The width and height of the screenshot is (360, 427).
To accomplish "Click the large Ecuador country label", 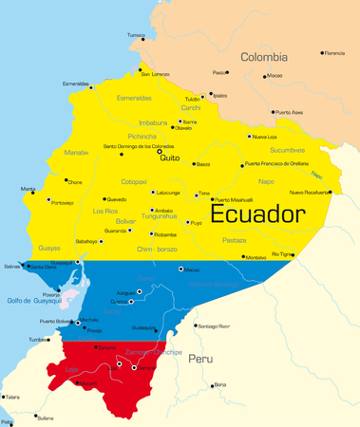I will tap(256, 214).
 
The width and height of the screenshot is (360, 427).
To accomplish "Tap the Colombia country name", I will tap(262, 57).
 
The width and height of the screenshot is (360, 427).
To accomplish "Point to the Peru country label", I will tap(199, 360).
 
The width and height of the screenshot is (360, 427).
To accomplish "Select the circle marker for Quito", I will tap(161, 151).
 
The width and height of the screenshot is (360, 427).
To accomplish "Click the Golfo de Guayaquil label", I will tap(33, 301).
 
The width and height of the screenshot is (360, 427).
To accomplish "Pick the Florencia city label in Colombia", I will tap(333, 53).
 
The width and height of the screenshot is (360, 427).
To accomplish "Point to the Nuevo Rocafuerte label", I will tap(309, 193).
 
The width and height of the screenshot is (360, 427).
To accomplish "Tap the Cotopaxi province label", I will tap(133, 180).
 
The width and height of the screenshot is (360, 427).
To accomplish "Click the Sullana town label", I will tap(45, 418).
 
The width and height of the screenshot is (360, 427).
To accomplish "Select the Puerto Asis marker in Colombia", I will tap(274, 112).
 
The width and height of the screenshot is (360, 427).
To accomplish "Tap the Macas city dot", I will tap(180, 269).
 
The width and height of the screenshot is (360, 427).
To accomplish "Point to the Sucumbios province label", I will tap(287, 150).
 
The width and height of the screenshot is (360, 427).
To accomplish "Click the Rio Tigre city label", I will tap(283, 254).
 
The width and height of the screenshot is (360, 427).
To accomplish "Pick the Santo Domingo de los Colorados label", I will tap(139, 146).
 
